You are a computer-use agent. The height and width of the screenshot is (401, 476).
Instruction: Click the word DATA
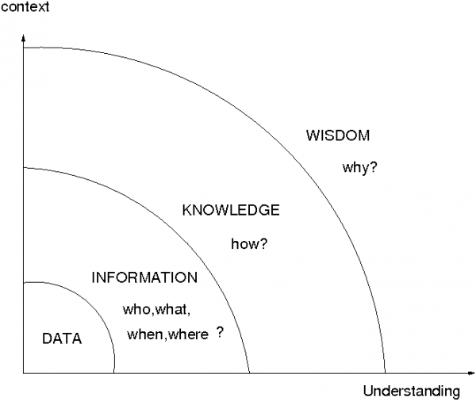click(62, 338)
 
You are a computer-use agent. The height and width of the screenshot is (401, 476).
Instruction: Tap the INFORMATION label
click(144, 277)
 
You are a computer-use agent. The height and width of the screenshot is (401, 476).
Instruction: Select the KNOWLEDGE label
click(231, 210)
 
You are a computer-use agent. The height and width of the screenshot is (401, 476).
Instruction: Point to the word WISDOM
click(338, 136)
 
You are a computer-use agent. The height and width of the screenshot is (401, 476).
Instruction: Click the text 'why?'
click(359, 167)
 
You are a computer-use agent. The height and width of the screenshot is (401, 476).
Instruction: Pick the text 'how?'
click(250, 243)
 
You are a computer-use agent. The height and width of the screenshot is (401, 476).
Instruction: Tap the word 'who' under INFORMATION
click(136, 309)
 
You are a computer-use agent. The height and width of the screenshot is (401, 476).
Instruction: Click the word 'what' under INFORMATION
click(171, 309)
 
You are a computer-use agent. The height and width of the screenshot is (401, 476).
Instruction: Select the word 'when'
click(145, 334)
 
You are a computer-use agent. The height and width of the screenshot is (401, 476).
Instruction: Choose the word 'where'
click(188, 334)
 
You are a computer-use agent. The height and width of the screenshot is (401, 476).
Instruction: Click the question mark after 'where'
click(220, 333)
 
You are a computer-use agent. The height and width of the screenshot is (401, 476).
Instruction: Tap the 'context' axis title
click(25, 6)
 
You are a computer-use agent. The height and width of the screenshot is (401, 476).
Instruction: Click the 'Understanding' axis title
click(412, 391)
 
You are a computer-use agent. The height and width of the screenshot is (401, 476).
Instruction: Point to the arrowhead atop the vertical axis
click(23, 38)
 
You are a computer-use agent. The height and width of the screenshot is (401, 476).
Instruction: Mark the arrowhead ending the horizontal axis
click(471, 372)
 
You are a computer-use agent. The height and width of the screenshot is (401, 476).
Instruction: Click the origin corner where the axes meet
click(23, 373)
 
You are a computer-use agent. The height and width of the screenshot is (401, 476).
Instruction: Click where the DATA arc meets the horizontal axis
click(113, 373)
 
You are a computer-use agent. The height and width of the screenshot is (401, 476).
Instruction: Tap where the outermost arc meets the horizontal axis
click(386, 373)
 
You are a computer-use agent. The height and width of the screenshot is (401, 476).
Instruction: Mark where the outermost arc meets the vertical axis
click(23, 48)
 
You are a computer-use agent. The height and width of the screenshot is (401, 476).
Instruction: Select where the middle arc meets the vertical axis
click(23, 168)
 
